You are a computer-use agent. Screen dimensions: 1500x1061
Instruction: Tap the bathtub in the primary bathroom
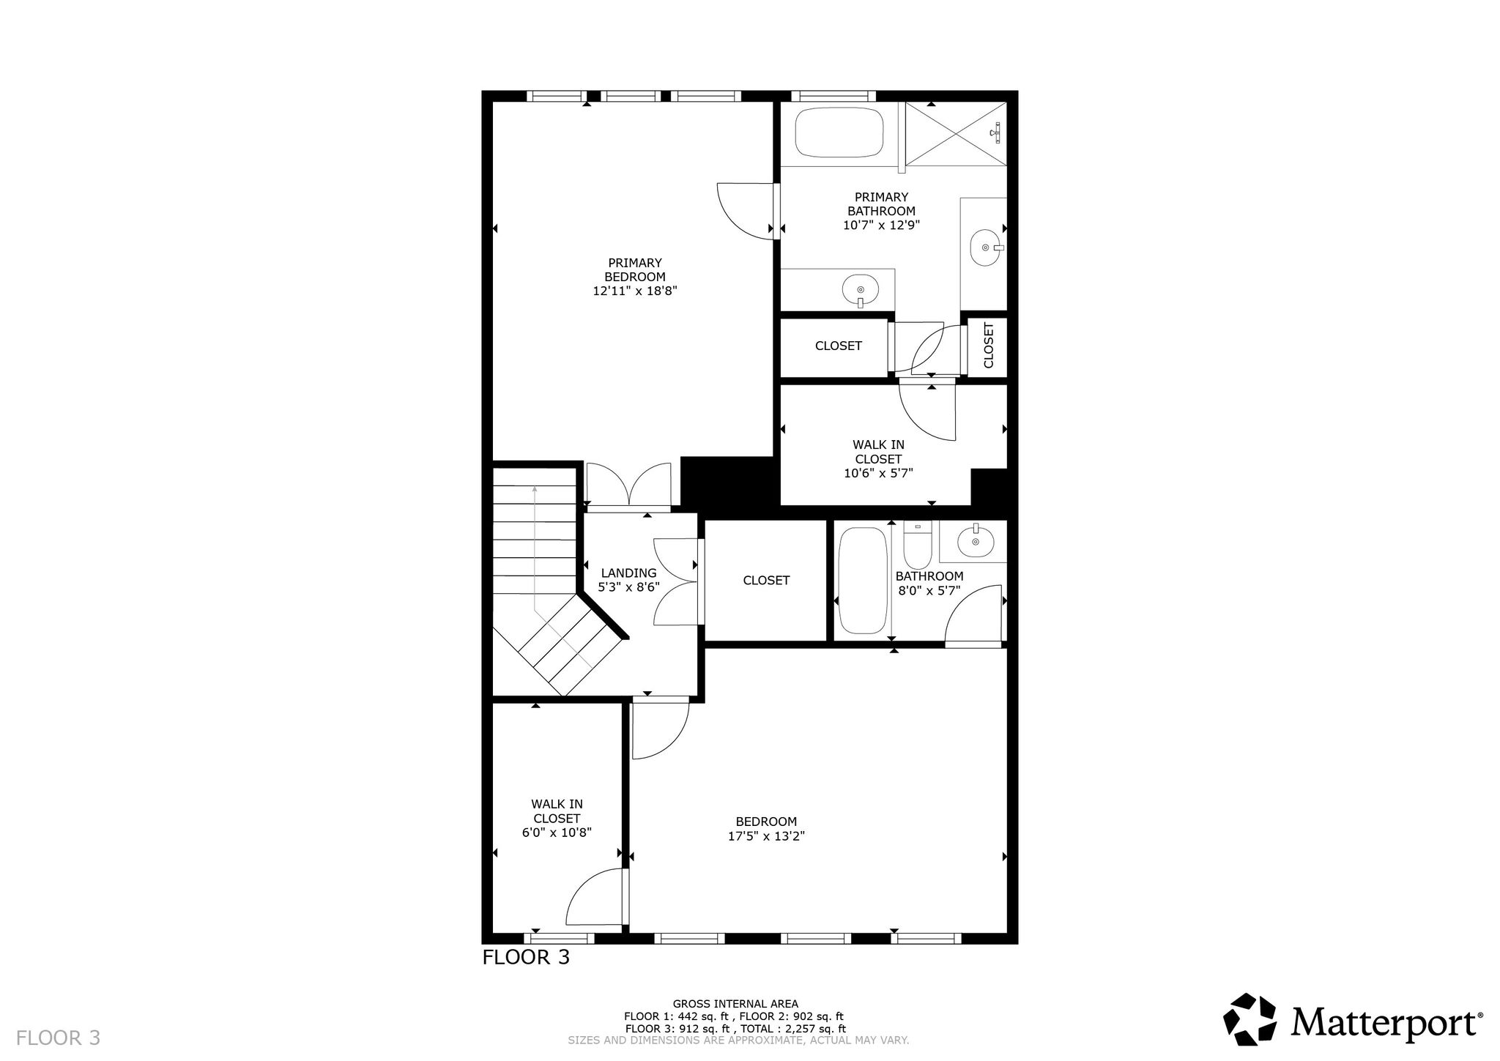tap(839, 133)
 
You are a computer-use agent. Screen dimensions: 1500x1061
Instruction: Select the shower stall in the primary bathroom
tap(957, 134)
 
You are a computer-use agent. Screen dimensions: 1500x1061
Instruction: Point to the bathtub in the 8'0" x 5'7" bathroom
tap(863, 581)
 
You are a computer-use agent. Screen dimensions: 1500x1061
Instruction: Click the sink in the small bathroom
tap(975, 541)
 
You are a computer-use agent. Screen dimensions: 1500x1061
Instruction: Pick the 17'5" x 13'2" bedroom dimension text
tap(767, 836)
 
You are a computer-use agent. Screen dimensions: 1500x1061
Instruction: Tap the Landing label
tap(629, 573)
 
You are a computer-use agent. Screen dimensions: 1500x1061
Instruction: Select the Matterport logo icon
tap(1250, 1019)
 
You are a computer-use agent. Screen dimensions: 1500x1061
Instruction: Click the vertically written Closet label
tap(989, 346)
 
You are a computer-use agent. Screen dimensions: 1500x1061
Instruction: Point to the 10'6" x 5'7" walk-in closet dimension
tap(879, 473)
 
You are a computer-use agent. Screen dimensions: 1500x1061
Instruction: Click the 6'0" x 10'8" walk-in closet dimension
tap(557, 833)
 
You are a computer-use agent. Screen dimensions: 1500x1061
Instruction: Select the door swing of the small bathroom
tap(973, 615)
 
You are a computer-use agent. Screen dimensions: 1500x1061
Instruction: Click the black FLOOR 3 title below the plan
tap(526, 957)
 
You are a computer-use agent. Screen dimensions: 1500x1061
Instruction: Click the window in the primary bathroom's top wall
tap(833, 96)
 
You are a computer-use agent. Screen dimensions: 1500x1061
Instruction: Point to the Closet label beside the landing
tap(766, 581)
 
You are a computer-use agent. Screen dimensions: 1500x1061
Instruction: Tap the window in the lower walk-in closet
tap(560, 938)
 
